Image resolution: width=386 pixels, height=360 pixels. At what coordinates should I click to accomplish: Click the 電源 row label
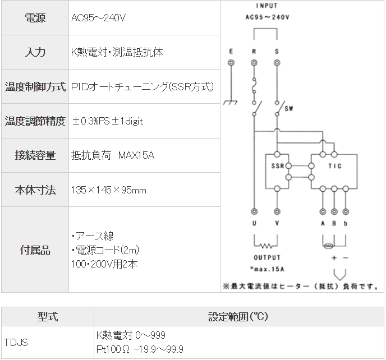[x=35, y=18]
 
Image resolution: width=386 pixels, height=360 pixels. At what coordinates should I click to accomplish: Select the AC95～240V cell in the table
[x=98, y=18]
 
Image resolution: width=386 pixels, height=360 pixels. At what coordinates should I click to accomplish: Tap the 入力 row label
[x=35, y=52]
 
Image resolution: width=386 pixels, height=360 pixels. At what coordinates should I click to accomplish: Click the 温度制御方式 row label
[x=35, y=87]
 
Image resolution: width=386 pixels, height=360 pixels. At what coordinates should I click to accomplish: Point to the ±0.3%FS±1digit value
[x=107, y=121]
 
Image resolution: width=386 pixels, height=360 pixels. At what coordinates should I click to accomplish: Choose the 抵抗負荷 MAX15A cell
[x=113, y=155]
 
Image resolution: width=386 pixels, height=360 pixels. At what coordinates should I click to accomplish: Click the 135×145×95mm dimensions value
[x=109, y=190]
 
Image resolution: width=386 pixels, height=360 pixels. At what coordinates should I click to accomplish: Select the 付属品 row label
[x=35, y=250]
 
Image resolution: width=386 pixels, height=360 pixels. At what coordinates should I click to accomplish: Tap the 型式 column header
[x=48, y=317]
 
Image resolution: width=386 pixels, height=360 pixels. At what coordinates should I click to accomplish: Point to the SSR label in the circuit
[x=277, y=167]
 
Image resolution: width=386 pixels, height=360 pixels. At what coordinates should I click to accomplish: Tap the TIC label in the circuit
[x=335, y=167]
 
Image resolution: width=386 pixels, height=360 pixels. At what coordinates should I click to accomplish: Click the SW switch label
[x=289, y=108]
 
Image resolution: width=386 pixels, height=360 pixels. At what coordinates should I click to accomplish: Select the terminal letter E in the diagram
[x=231, y=52]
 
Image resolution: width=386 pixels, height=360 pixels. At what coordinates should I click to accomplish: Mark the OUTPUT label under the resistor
[x=267, y=258]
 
